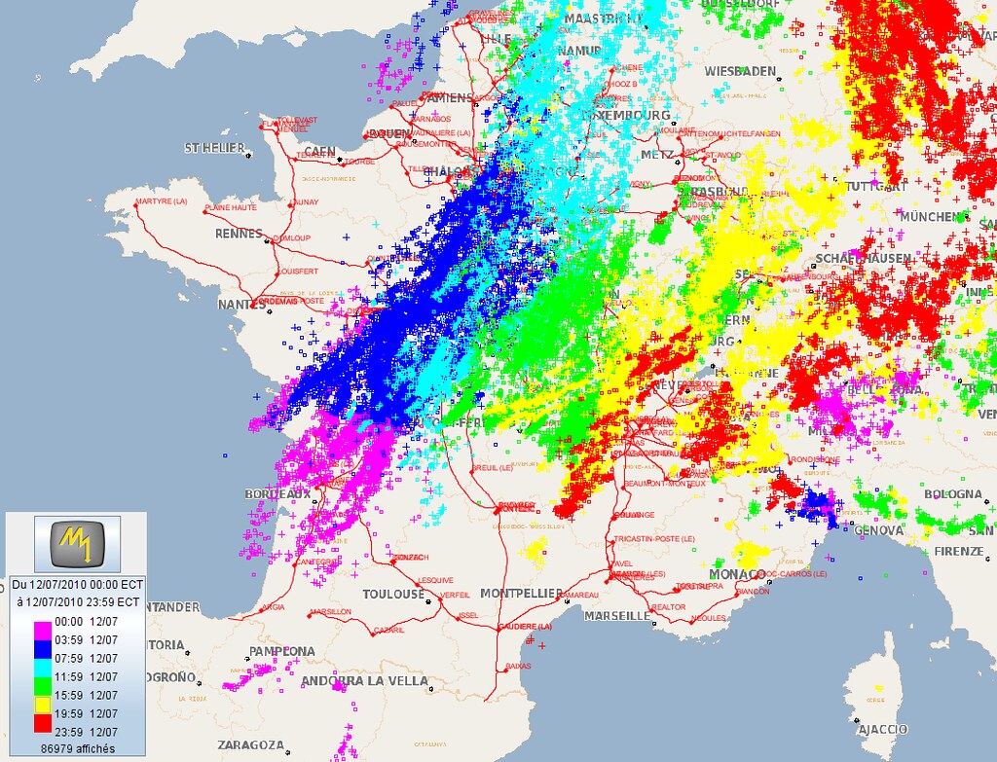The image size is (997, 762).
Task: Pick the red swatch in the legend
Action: click(x=43, y=722)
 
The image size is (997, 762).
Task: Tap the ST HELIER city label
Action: click(x=214, y=148)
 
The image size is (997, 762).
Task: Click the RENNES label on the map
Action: click(x=239, y=234)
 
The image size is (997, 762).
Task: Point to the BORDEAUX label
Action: click(x=277, y=493)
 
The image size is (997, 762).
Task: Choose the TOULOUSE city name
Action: click(x=393, y=594)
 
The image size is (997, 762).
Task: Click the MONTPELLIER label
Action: click(x=521, y=594)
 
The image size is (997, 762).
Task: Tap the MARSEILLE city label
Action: click(x=616, y=616)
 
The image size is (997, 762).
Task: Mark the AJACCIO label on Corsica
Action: click(x=882, y=729)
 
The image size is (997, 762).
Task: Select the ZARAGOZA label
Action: click(x=250, y=744)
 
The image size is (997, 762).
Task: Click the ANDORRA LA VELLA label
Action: click(x=364, y=681)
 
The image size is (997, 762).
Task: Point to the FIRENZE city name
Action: click(x=958, y=551)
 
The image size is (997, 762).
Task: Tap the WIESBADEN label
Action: click(x=741, y=71)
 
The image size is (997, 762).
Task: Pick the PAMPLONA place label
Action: click(x=282, y=650)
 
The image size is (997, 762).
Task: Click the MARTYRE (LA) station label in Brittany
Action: click(x=163, y=201)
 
